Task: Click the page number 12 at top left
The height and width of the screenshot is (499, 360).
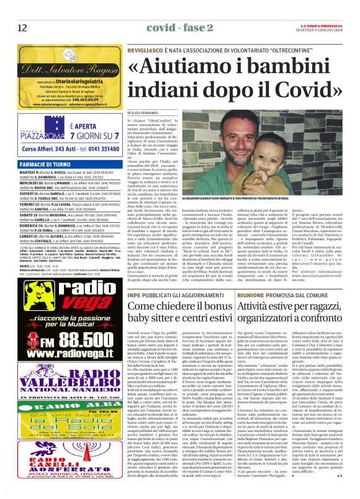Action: [22, 27]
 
